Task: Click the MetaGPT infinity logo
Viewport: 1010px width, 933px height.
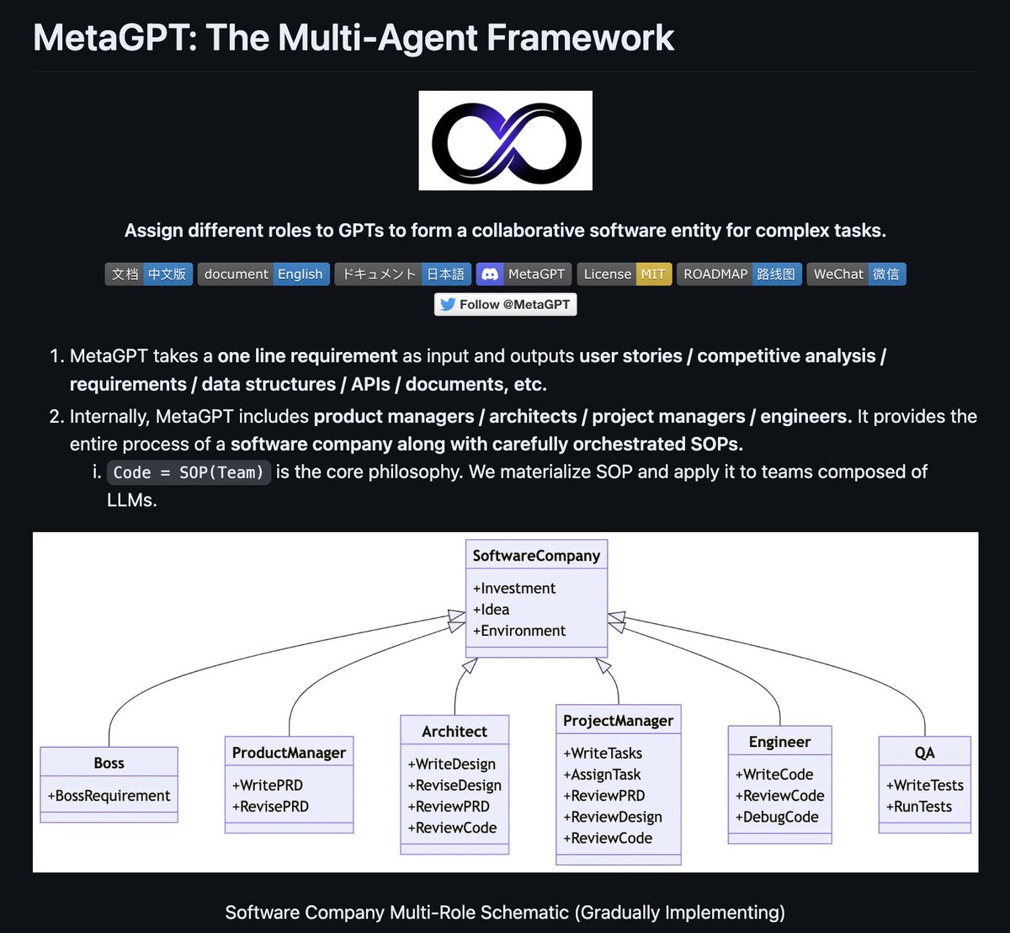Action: (505, 141)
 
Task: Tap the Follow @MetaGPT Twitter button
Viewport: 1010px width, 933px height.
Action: (505, 304)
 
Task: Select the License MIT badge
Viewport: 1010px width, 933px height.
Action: (625, 274)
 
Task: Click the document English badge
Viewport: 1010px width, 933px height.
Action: (263, 274)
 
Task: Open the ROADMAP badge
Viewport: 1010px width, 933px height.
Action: (739, 274)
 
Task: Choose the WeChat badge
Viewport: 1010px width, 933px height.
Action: (856, 274)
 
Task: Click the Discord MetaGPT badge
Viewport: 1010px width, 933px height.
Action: (524, 274)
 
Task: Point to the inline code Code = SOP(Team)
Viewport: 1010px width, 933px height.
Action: (189, 472)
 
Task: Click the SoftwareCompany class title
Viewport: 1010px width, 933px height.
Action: (536, 555)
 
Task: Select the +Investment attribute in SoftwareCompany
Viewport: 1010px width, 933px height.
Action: (514, 588)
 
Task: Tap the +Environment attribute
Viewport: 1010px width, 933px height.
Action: (519, 630)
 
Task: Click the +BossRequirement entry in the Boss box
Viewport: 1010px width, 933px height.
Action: (109, 796)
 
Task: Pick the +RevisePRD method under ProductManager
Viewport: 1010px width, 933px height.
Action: (270, 806)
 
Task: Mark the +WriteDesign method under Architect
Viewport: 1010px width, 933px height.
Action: (452, 764)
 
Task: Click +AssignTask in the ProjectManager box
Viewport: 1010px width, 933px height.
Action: (602, 775)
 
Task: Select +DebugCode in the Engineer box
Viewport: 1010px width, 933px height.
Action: (777, 817)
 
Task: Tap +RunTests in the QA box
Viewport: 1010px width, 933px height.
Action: (919, 806)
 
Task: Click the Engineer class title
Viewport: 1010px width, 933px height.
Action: (779, 742)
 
